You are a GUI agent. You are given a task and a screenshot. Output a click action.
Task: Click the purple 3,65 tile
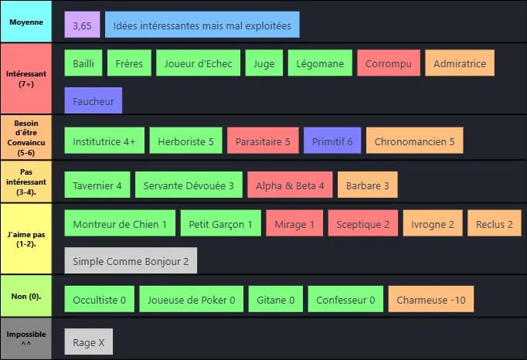[82, 25]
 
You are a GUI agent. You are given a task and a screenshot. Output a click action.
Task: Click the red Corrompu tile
[389, 63]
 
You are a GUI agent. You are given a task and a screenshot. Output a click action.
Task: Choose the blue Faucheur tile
[93, 100]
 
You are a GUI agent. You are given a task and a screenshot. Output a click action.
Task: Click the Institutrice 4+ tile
[104, 142]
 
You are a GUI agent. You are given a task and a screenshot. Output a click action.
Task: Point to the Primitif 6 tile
[332, 142]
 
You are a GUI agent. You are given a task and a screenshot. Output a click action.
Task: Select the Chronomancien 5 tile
[414, 142]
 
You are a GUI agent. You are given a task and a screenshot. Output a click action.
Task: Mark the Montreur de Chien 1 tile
[120, 224]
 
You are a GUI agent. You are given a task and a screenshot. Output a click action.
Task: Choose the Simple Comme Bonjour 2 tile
[131, 261]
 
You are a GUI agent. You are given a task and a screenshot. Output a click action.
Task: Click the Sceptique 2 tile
[363, 224]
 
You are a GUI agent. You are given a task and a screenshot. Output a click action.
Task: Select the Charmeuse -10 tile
[430, 300]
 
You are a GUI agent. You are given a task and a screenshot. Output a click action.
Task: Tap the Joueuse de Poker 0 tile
[192, 300]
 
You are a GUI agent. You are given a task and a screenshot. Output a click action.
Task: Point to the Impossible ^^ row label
[26, 337]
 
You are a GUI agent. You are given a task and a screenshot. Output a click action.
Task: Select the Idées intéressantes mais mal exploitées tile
[202, 25]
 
